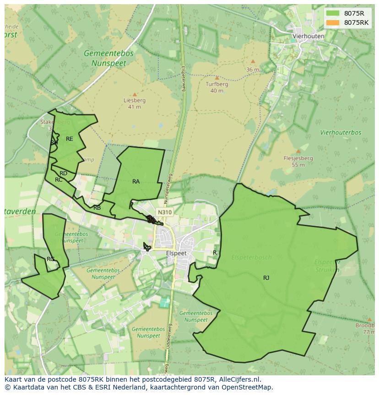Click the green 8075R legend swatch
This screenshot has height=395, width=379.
333,13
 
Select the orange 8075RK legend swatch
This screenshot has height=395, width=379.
333,22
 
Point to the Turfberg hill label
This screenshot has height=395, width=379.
217,84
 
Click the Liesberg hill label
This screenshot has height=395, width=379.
135,100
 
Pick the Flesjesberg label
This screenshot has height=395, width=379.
298,158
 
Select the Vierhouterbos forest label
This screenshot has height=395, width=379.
341,133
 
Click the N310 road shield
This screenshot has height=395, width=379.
164,212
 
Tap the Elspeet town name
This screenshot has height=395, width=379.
176,253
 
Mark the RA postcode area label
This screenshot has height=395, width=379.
136,182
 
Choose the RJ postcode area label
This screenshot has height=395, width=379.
266,278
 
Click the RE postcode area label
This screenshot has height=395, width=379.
69,139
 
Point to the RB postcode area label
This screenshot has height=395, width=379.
97,208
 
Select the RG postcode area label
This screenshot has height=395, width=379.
50,259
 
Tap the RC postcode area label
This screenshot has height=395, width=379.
59,180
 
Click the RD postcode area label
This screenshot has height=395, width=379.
63,173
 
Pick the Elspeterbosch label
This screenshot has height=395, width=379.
251,257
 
